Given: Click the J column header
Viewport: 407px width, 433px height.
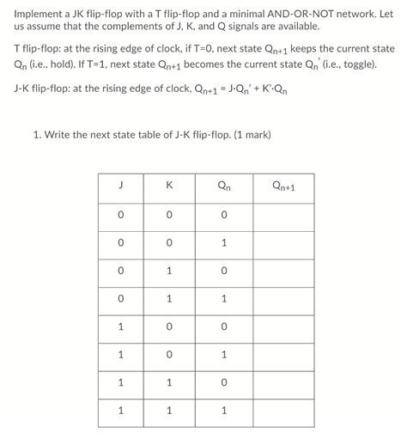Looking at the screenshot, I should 121,186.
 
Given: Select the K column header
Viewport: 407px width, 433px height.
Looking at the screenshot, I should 170,186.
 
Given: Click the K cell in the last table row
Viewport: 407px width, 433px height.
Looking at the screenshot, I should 170,410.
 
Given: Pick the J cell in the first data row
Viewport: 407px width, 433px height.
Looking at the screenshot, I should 121,214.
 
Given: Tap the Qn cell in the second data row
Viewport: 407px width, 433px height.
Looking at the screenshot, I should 225,242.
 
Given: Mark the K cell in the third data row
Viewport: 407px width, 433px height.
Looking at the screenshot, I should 170,270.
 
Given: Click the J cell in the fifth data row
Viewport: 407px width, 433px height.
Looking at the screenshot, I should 121,326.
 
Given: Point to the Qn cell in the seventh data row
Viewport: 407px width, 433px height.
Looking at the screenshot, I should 225,381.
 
